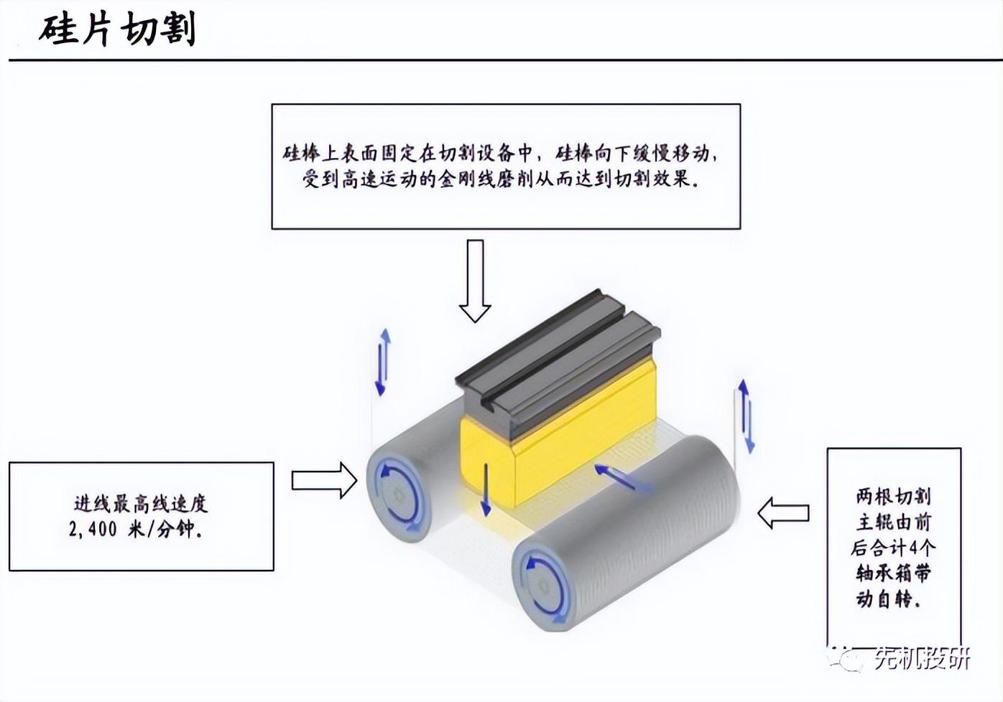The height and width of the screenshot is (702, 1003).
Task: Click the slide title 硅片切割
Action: [117, 29]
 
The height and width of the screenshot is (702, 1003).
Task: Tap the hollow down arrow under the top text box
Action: [474, 281]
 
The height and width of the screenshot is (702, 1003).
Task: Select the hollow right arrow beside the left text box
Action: [324, 479]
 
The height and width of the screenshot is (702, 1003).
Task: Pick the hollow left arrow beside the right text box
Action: [783, 513]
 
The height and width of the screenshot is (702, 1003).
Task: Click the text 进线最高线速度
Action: [141, 503]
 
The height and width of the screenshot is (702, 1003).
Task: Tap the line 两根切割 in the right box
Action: [893, 496]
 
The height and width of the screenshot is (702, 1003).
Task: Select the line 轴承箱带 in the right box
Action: [893, 573]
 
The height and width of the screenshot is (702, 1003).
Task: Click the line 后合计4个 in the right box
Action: [893, 548]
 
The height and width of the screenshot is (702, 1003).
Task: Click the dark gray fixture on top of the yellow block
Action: [557, 359]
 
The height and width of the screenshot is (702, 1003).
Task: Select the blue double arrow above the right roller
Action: [747, 416]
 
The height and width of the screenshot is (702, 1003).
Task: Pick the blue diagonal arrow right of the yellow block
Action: [621, 477]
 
